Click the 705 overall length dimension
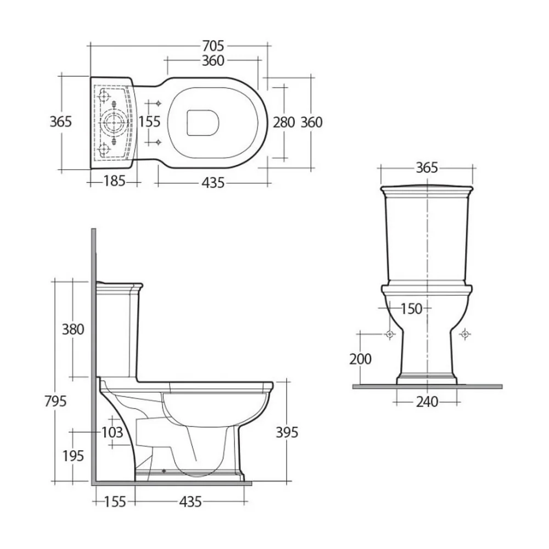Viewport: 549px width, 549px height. pyautogui.click(x=213, y=46)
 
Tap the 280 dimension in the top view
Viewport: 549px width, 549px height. pyautogui.click(x=284, y=122)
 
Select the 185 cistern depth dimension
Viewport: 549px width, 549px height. pyautogui.click(x=115, y=181)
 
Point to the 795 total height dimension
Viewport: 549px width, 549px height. pyautogui.click(x=55, y=401)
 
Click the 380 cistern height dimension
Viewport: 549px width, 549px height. pyautogui.click(x=73, y=329)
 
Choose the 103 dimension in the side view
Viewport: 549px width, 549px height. pyautogui.click(x=112, y=433)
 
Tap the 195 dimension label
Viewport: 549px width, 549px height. pyautogui.click(x=73, y=456)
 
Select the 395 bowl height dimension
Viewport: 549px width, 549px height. pyautogui.click(x=287, y=433)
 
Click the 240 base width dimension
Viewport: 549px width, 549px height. pyautogui.click(x=427, y=402)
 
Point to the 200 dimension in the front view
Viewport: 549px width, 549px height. pyautogui.click(x=360, y=359)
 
